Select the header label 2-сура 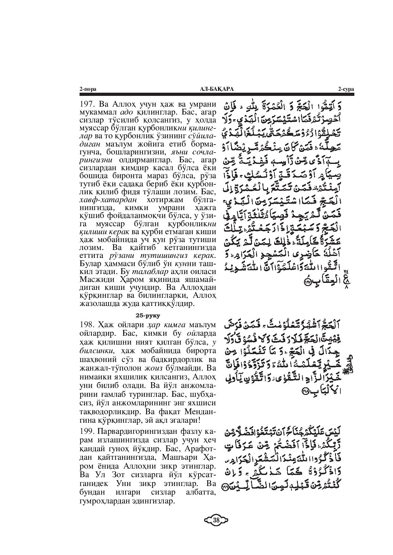[x=346, y=90]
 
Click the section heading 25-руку [x=147, y=315]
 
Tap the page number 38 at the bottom [x=216, y=520]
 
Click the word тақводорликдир [x=108, y=412]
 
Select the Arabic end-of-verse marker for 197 [x=307, y=282]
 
